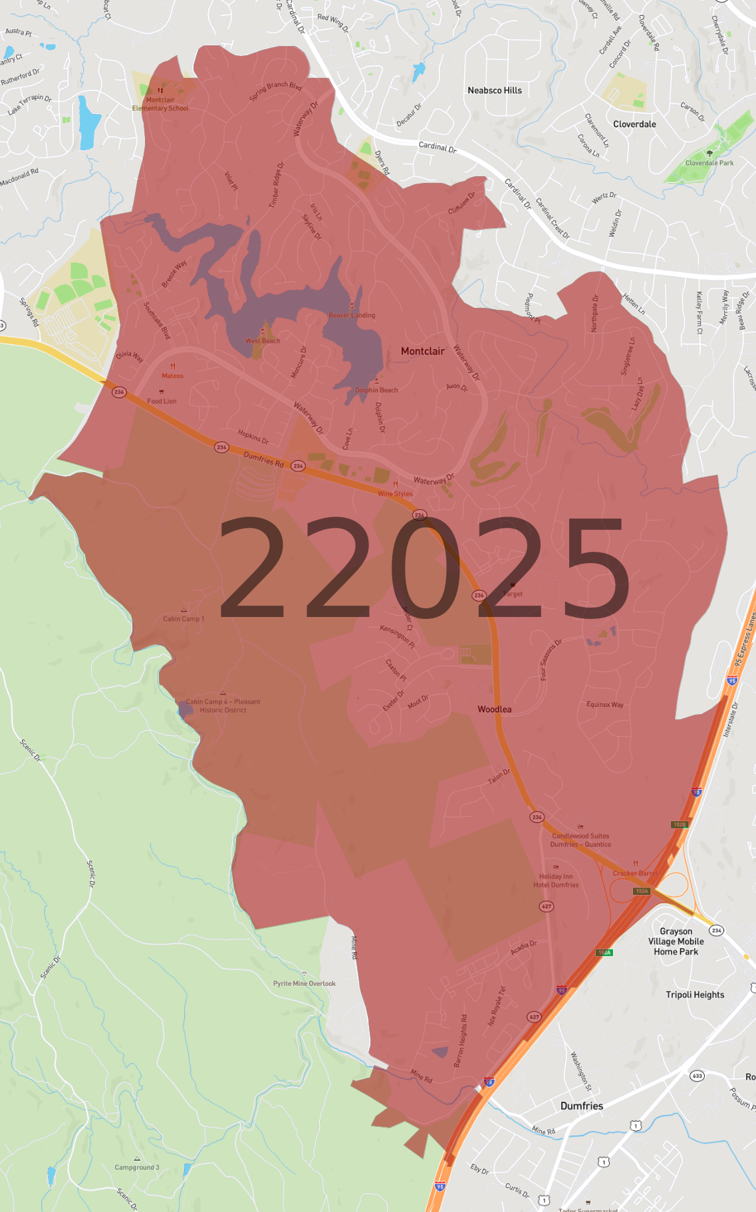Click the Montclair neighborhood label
click(422, 351)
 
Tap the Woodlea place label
click(494, 709)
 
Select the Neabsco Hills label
click(494, 90)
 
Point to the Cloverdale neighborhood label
click(634, 124)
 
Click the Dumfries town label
click(581, 1106)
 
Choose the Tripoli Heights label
click(695, 995)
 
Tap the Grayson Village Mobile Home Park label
click(676, 941)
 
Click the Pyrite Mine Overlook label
click(304, 983)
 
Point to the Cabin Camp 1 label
click(184, 618)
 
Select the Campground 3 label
click(137, 1167)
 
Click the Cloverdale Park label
click(709, 163)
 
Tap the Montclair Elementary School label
click(160, 104)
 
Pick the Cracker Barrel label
click(635, 873)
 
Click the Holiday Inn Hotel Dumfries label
click(556, 880)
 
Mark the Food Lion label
click(162, 401)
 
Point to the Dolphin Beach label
click(376, 390)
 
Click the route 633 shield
click(697, 1076)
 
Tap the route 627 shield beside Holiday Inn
click(546, 906)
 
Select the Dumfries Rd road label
click(263, 459)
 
